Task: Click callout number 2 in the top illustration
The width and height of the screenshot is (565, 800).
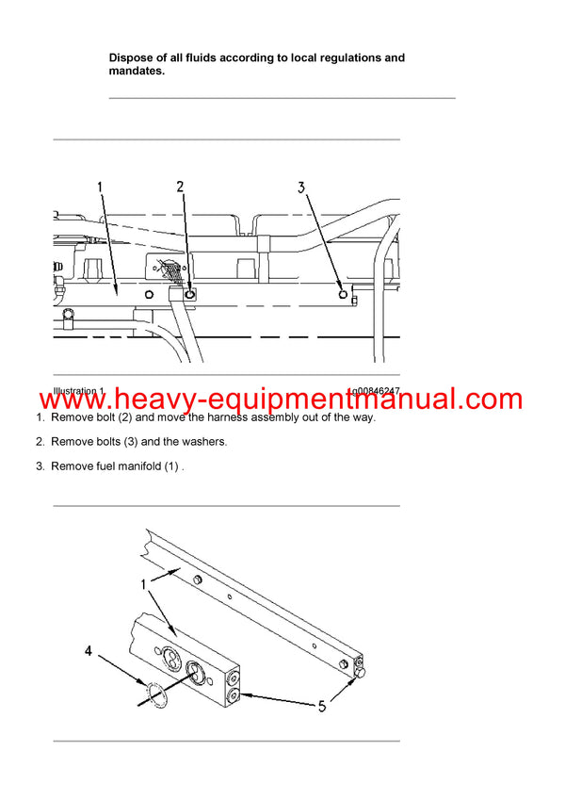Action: pyautogui.click(x=181, y=187)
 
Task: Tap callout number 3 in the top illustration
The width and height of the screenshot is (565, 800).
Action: pyautogui.click(x=302, y=188)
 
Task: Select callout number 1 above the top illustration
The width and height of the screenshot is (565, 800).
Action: pyautogui.click(x=100, y=187)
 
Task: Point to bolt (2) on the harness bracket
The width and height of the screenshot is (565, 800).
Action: pyautogui.click(x=190, y=294)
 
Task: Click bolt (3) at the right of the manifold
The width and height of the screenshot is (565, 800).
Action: pyautogui.click(x=344, y=295)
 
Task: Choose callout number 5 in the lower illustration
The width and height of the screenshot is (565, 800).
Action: pyautogui.click(x=322, y=706)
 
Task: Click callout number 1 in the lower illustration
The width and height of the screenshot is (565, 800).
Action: pyautogui.click(x=143, y=585)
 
